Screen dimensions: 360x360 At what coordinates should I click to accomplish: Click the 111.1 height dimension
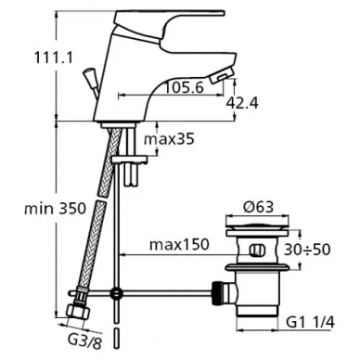point(53,58)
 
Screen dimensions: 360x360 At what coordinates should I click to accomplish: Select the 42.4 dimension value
point(241,102)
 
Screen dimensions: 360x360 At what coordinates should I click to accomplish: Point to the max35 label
point(169,139)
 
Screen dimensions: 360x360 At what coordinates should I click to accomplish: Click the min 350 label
point(55,209)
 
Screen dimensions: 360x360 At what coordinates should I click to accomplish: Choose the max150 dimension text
point(179,245)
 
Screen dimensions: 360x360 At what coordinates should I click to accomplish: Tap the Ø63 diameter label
point(258,207)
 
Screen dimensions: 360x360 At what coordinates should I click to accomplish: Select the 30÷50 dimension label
point(307,250)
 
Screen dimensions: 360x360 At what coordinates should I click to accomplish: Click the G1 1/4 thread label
point(310,323)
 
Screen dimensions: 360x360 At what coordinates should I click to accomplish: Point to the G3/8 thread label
point(84,342)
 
